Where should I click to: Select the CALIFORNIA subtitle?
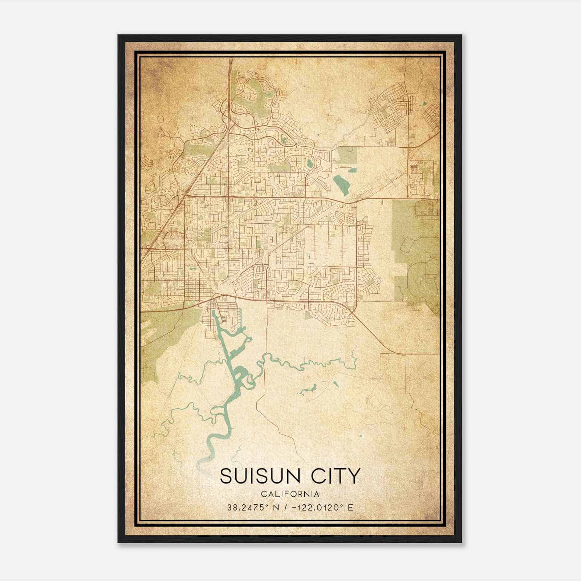click(x=290, y=494)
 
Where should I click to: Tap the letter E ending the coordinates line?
click(x=350, y=507)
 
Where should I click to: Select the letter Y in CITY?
click(x=354, y=476)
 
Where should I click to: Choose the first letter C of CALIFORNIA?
click(x=263, y=494)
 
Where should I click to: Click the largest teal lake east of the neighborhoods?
click(x=340, y=184)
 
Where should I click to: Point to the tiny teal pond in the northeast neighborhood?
click(x=424, y=104)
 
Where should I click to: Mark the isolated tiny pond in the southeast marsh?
click(x=361, y=436)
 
